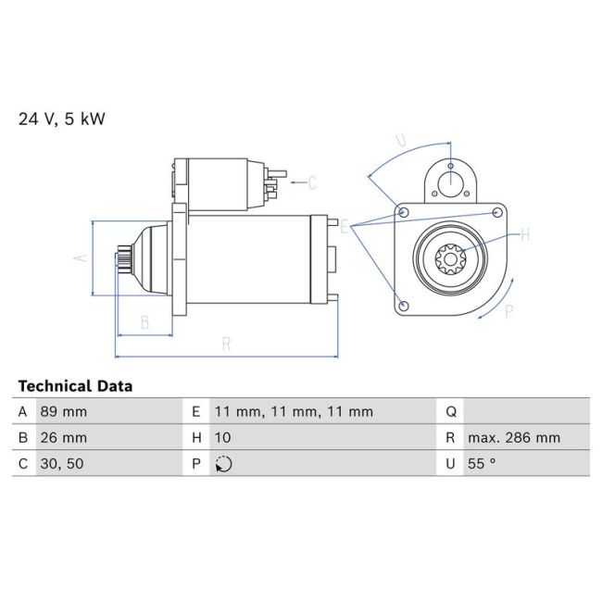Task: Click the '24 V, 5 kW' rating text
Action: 61,119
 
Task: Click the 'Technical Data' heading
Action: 75,386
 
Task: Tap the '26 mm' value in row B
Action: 62,438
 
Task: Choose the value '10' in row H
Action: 222,438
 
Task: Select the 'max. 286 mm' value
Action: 513,438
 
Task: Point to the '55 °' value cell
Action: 483,464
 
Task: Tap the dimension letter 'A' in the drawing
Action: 81,257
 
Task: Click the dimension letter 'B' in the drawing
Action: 144,322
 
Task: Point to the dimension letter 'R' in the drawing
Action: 226,344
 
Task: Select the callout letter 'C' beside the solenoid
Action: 312,182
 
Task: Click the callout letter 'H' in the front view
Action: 524,235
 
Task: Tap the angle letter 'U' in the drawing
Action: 400,141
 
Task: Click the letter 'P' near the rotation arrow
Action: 508,312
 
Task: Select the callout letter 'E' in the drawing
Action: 345,227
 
